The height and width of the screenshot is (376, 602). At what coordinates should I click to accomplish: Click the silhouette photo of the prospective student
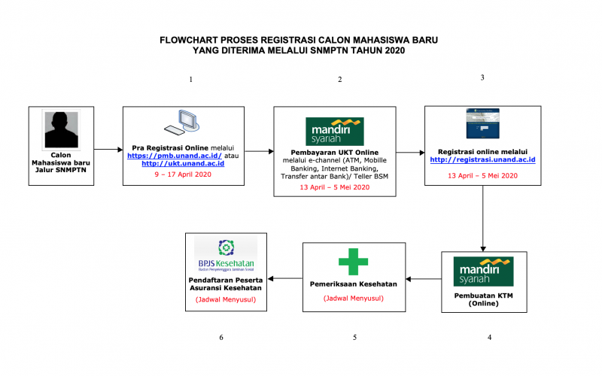click(61, 129)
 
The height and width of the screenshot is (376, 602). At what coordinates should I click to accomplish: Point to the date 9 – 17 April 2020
click(183, 174)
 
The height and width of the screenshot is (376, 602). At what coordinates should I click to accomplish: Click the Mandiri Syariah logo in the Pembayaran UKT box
click(335, 132)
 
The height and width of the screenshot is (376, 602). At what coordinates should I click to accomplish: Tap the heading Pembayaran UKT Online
click(334, 153)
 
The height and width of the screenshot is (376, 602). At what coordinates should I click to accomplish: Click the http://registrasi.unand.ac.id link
click(482, 159)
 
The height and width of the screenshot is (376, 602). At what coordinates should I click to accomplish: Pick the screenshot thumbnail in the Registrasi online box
click(482, 123)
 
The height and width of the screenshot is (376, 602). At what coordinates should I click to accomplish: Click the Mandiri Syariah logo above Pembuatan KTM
click(483, 271)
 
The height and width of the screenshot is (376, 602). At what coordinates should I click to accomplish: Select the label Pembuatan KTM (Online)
click(484, 299)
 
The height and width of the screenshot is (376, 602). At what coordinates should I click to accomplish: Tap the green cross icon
click(353, 261)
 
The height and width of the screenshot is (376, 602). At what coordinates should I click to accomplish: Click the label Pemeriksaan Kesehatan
click(353, 284)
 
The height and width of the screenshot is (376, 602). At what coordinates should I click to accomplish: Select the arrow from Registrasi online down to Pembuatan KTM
click(482, 218)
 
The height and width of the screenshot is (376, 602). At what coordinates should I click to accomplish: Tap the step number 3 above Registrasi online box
click(482, 77)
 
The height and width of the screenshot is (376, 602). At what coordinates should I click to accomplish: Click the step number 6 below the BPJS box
click(221, 338)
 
